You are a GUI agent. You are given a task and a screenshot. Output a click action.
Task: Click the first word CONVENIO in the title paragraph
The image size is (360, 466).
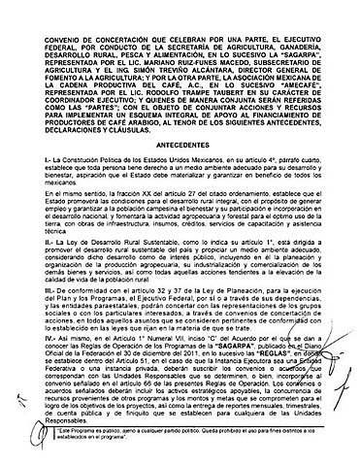click(47, 12)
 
